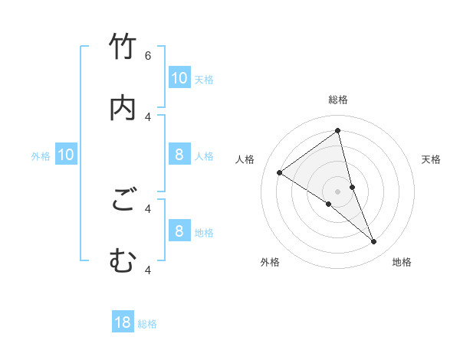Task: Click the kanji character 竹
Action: [123, 47]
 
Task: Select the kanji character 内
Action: [123, 108]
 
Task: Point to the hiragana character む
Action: [123, 261]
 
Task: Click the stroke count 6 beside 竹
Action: [148, 55]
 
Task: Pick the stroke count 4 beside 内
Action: [148, 116]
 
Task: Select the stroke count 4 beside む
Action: [148, 270]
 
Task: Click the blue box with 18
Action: [123, 322]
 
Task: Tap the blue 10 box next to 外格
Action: [66, 155]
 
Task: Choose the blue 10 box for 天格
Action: [179, 77]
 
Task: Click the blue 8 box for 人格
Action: [179, 155]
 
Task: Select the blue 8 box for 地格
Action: [179, 231]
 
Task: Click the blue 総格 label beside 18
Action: [147, 324]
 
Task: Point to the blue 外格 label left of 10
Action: [41, 156]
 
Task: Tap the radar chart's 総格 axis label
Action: [337, 100]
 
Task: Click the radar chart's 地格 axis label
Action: [402, 262]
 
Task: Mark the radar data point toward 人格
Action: [280, 173]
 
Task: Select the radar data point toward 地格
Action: [374, 242]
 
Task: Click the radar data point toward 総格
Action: [337, 131]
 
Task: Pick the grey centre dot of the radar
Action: [337, 191]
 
